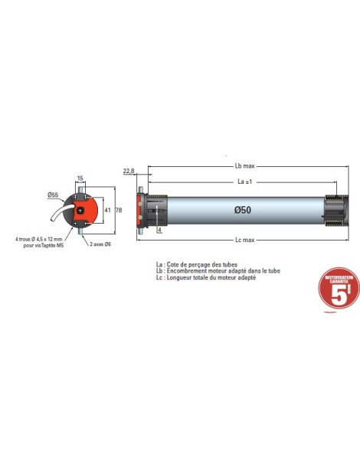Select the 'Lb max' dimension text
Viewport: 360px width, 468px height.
[244, 167]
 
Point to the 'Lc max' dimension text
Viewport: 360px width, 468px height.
[244, 240]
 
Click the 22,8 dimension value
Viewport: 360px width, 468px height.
[128, 171]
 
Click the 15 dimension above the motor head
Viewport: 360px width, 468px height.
[80, 178]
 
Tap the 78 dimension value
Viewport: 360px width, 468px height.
[119, 208]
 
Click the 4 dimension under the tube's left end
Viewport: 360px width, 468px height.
[159, 228]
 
